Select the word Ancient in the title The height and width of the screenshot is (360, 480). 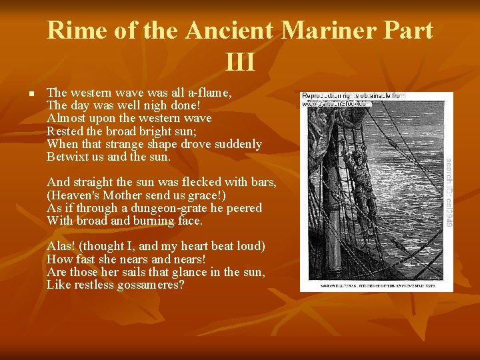[230, 31]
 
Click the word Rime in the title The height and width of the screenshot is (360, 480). [73, 31]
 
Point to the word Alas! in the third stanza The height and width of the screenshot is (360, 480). [62, 247]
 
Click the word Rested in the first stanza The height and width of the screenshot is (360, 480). [65, 131]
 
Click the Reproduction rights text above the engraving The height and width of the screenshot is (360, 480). [353, 96]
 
